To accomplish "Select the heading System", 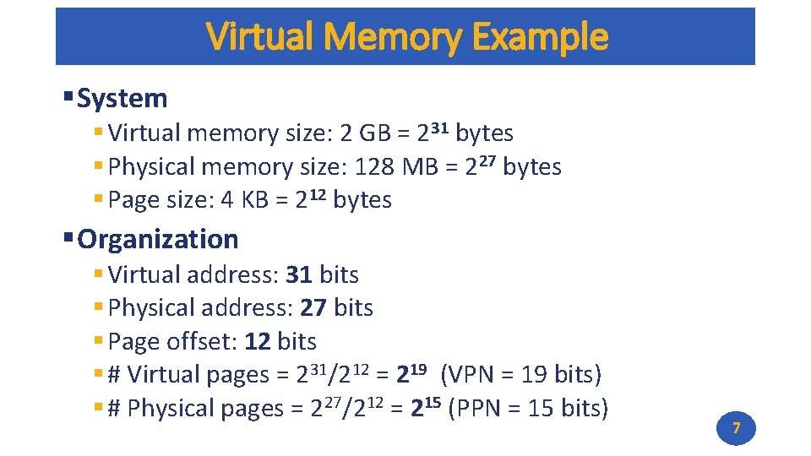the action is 122,99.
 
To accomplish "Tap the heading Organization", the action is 158,240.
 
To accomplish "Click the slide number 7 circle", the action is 736,429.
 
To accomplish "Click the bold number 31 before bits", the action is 299,275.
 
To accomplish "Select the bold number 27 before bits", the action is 313,308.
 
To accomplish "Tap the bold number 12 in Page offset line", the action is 257,342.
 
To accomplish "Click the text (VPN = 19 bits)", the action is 522,375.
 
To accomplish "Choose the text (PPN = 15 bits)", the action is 528,409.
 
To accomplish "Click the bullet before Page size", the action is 99,200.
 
